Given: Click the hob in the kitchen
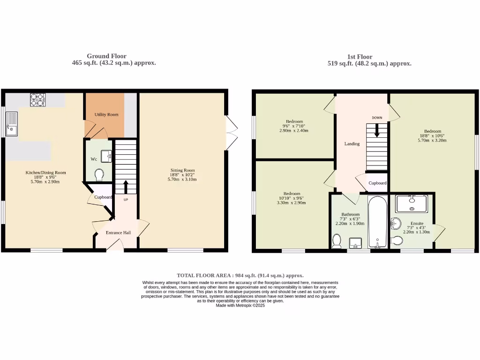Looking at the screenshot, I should click(x=38, y=100).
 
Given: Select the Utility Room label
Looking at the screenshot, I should click(x=106, y=114).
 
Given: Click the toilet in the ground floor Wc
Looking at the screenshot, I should click(x=99, y=175).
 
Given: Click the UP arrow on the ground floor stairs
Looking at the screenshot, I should click(x=125, y=186).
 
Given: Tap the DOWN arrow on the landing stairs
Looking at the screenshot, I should click(x=377, y=132).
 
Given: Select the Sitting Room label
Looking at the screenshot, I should click(x=182, y=170).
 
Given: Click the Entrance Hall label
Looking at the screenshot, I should click(x=118, y=232).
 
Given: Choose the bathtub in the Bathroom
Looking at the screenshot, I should click(x=377, y=222).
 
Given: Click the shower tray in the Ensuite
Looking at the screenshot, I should click(x=412, y=204).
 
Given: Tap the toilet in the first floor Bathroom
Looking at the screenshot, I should click(x=336, y=241).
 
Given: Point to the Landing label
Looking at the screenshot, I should click(x=352, y=144).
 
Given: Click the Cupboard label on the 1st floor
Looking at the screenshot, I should click(x=377, y=183).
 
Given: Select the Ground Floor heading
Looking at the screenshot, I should click(x=106, y=56).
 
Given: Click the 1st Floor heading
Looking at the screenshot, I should click(x=369, y=57).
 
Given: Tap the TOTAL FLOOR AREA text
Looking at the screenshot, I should click(x=240, y=276).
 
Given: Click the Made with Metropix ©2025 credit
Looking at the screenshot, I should click(x=240, y=305).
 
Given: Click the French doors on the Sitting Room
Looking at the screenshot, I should click(x=230, y=133).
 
